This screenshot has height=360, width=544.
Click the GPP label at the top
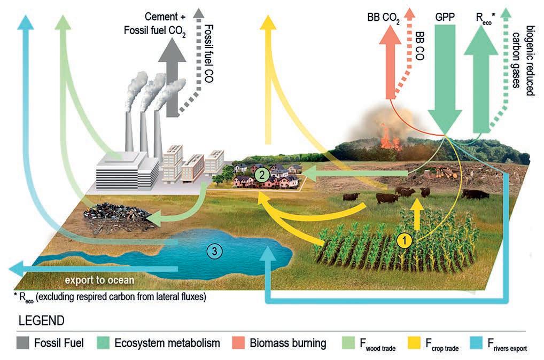(x=446, y=17)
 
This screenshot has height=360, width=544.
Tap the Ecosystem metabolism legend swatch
(x=104, y=343)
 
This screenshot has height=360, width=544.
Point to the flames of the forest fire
(x=390, y=138)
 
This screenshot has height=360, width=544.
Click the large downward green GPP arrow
(x=446, y=85)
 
